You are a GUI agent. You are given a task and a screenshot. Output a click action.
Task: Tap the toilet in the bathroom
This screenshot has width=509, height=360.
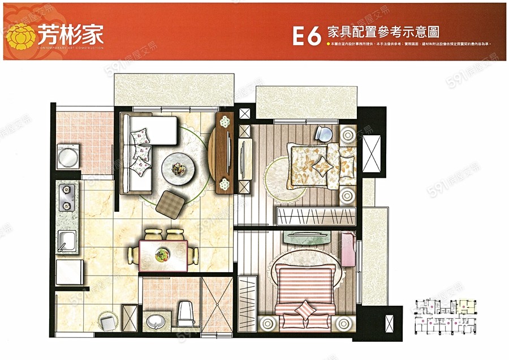186,313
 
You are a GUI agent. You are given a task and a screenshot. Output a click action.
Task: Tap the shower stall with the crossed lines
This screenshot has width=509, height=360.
216,305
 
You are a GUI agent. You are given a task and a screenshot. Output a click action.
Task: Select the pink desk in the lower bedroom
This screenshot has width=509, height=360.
348,250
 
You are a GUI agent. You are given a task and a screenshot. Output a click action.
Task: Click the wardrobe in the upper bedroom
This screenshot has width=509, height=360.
316,216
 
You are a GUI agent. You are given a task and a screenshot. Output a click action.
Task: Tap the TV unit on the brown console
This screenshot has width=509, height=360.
229,153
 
